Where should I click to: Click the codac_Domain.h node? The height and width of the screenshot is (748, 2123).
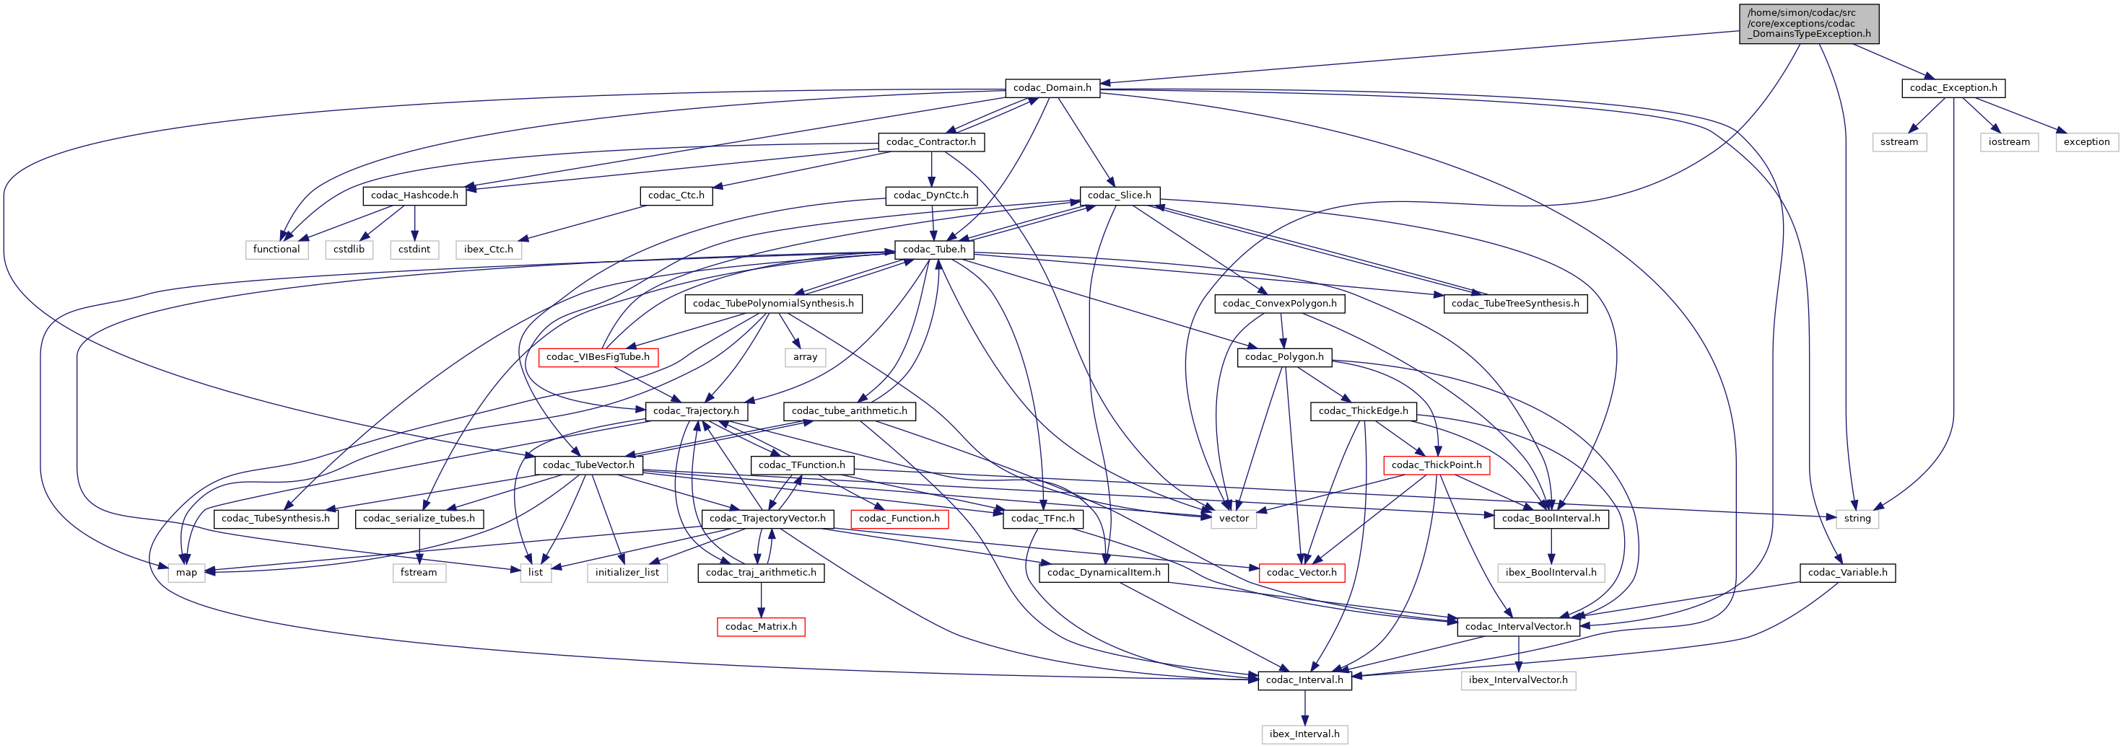[x=1052, y=88]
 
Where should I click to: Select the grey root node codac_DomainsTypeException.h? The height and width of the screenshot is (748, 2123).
[x=1809, y=24]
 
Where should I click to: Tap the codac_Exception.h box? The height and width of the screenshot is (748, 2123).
[x=1953, y=88]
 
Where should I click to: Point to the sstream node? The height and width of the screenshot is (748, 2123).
[x=1899, y=141]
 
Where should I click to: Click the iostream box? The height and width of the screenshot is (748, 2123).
[x=2008, y=141]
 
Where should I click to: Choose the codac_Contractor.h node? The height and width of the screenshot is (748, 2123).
[x=930, y=141]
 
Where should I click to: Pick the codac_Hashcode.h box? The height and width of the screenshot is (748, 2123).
[x=414, y=195]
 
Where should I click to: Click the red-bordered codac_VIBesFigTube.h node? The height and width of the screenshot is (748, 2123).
[x=598, y=357]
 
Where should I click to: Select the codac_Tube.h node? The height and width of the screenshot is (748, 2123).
[x=934, y=249]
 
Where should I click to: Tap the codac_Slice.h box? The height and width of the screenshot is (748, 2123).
[x=1119, y=195]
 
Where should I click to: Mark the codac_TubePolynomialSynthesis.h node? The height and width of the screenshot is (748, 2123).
[x=773, y=303]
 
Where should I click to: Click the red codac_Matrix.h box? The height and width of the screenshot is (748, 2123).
[x=761, y=626]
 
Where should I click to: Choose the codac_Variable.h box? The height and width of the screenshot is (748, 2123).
[x=1847, y=573]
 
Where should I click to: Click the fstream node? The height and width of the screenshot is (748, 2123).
[x=419, y=573]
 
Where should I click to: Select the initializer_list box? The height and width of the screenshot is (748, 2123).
[x=627, y=573]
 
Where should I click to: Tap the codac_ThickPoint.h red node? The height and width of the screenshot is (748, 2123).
[x=1436, y=465]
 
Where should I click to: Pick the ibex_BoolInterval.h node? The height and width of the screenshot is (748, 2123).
[x=1551, y=573]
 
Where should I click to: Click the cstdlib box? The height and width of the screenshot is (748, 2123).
[x=349, y=249]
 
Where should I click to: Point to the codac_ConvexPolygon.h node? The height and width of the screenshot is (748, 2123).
[x=1279, y=303]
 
